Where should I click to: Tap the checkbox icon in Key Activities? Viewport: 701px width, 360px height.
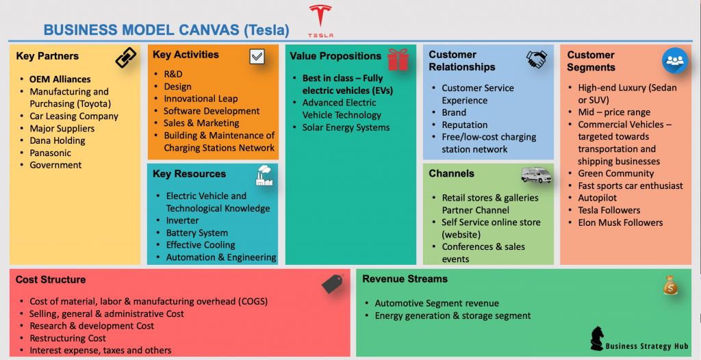(257, 57)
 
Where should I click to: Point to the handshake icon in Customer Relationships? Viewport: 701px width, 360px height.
(537, 60)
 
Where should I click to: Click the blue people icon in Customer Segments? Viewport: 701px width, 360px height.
(674, 60)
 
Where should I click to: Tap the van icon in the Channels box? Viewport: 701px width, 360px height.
(536, 175)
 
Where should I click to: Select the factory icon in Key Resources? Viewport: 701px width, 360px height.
(264, 175)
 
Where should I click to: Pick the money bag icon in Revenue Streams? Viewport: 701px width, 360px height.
(671, 284)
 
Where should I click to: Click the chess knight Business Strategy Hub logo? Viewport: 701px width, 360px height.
(597, 338)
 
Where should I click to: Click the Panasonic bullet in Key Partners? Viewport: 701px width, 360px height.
(51, 153)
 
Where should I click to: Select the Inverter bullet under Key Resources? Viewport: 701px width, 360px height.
(182, 220)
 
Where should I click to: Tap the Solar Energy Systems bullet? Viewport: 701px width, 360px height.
(346, 127)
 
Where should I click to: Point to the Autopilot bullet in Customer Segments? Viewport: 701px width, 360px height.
(597, 198)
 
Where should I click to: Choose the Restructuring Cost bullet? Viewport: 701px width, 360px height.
(68, 338)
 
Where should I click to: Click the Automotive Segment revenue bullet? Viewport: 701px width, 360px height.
(437, 303)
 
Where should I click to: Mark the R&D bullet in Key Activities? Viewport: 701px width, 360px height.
(173, 74)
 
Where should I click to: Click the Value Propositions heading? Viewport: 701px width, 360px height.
(335, 56)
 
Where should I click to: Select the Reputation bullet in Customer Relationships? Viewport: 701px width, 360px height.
(464, 125)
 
